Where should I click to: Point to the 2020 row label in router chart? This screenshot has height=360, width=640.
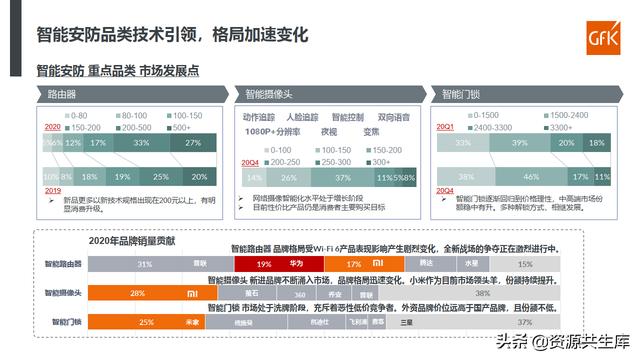(x=52, y=128)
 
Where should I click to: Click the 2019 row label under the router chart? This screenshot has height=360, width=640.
(x=52, y=190)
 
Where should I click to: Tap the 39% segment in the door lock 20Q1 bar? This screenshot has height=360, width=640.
(x=519, y=143)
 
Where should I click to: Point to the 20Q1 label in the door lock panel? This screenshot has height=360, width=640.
(x=445, y=128)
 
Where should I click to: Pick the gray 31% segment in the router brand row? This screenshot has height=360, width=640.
(x=146, y=264)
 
